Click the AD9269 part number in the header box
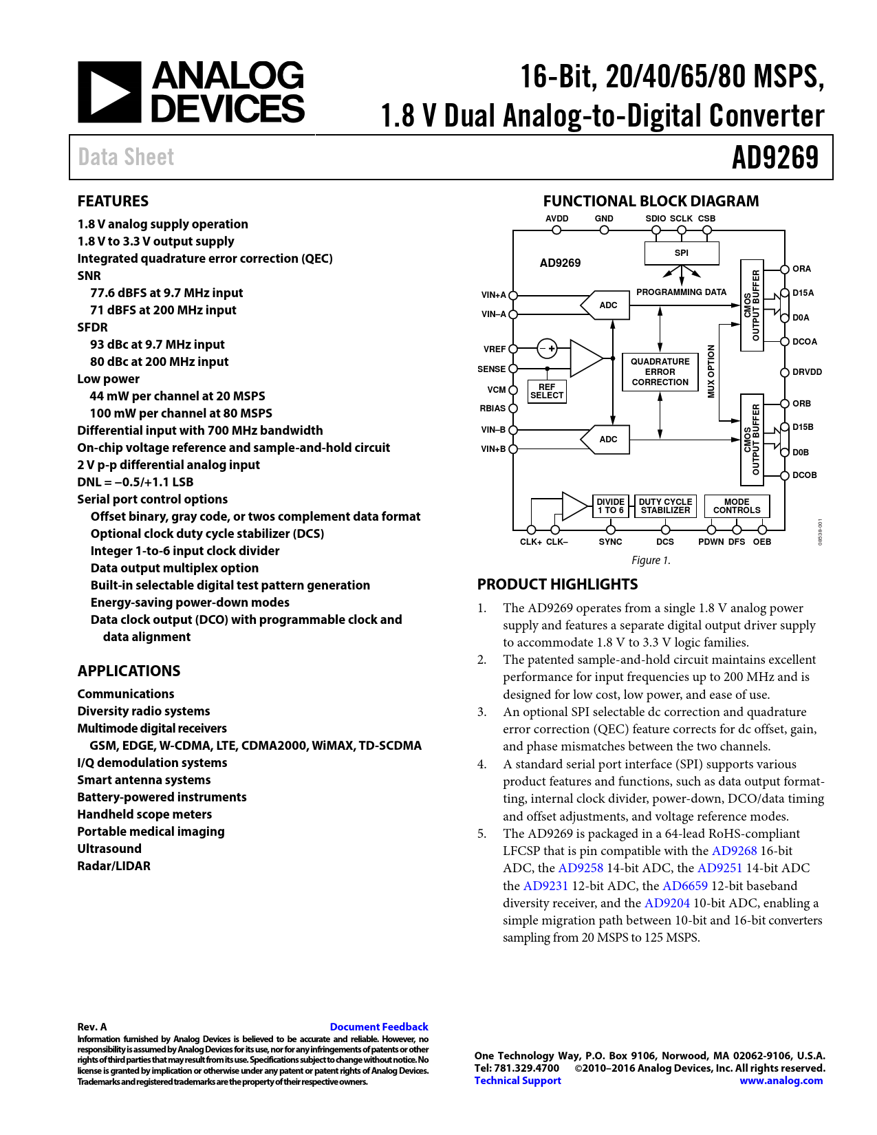[x=775, y=158]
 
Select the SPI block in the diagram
[x=681, y=253]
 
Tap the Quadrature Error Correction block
[x=660, y=372]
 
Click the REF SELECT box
[x=547, y=391]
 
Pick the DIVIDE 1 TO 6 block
[x=610, y=506]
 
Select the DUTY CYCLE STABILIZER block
[x=665, y=506]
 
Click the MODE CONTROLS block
[x=737, y=506]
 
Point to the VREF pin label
[x=495, y=349]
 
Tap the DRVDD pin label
[x=807, y=372]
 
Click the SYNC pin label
[x=610, y=542]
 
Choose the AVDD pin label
[x=556, y=219]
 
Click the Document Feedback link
[x=379, y=1027]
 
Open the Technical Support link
[x=517, y=1081]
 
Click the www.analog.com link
[x=781, y=1081]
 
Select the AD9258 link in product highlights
[x=581, y=868]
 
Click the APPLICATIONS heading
[x=129, y=671]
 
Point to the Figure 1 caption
[x=651, y=561]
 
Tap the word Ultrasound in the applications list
[x=109, y=849]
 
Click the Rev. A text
[x=92, y=1027]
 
